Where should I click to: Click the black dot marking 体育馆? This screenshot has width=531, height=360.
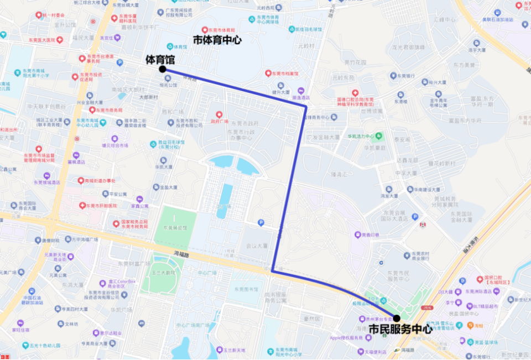click(162, 69)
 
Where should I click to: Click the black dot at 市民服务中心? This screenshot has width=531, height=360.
click(397, 318)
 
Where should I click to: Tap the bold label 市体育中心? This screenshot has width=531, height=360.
click(217, 40)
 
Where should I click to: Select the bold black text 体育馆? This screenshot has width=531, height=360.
click(159, 58)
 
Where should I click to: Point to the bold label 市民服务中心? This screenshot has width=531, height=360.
click(400, 330)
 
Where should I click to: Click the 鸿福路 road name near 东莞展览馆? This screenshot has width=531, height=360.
click(181, 254)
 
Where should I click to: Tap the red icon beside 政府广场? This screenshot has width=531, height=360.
click(219, 114)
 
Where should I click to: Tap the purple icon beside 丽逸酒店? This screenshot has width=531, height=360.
click(301, 90)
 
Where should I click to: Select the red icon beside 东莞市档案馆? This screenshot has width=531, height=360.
click(268, 73)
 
